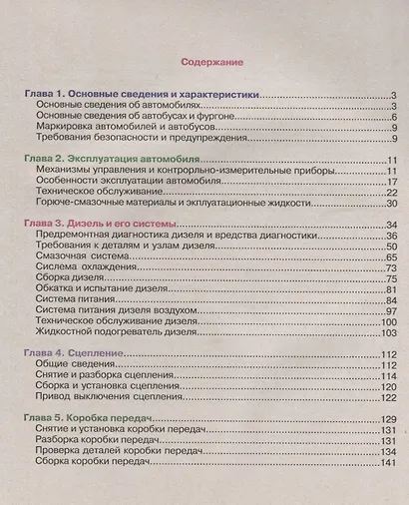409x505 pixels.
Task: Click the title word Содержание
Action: pos(213,63)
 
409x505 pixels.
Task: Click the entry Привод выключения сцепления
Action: pos(109,397)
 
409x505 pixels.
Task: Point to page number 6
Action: pos(395,116)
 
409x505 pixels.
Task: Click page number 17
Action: pos(392,182)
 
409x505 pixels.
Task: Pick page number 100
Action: pos(389,322)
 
